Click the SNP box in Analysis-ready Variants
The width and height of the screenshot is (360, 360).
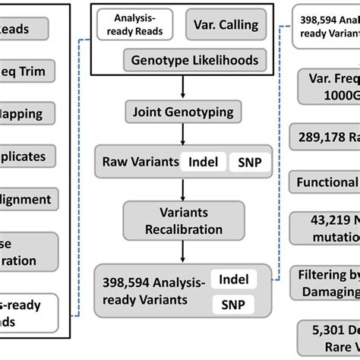tap(232, 305)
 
